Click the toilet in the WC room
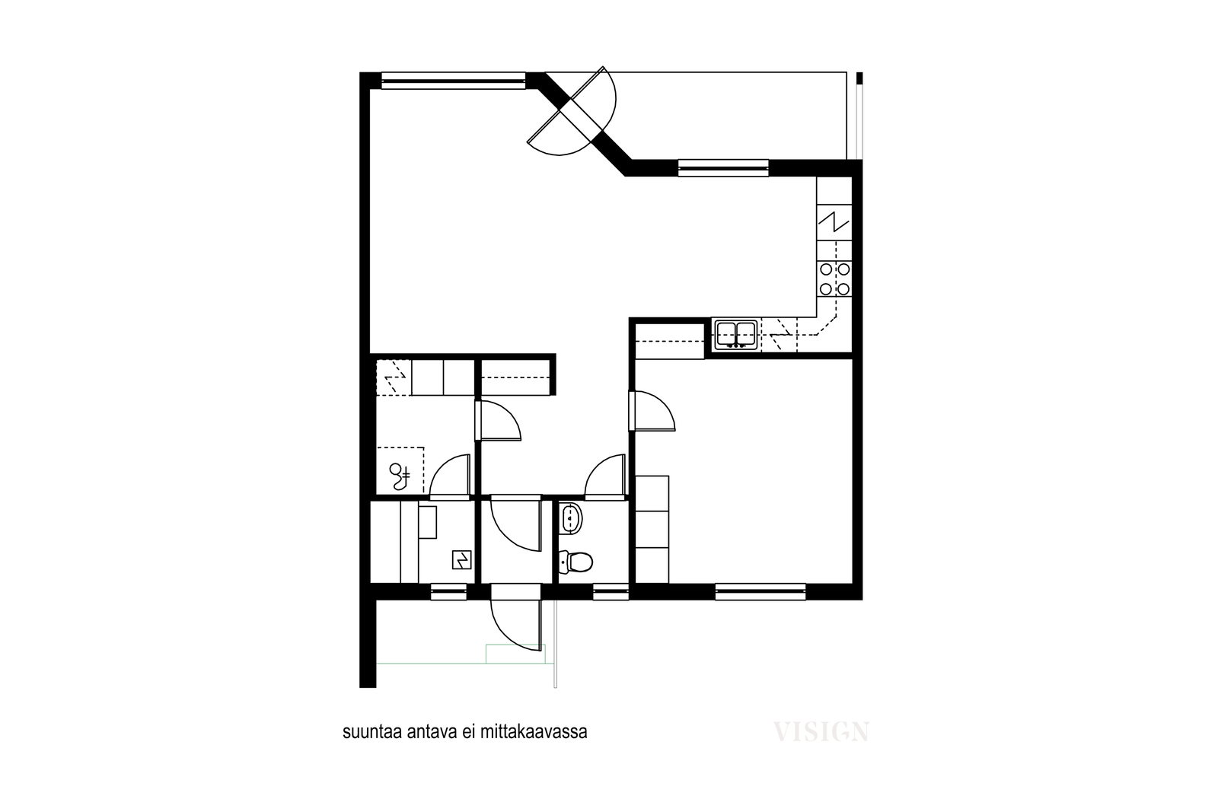(576, 562)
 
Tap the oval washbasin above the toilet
(570, 518)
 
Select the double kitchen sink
(736, 334)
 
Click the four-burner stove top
(834, 279)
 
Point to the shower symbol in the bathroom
(400, 476)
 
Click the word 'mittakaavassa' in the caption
(534, 732)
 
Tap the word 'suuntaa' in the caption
(372, 733)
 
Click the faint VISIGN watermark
(821, 731)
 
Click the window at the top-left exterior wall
(454, 81)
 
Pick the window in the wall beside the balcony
(723, 168)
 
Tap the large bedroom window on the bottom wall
(760, 592)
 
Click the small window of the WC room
(611, 592)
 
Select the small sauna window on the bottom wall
(448, 592)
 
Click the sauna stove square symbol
(461, 560)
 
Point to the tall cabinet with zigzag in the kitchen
(834, 222)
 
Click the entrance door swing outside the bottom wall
(517, 625)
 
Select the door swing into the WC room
(605, 476)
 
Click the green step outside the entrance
(515, 654)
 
